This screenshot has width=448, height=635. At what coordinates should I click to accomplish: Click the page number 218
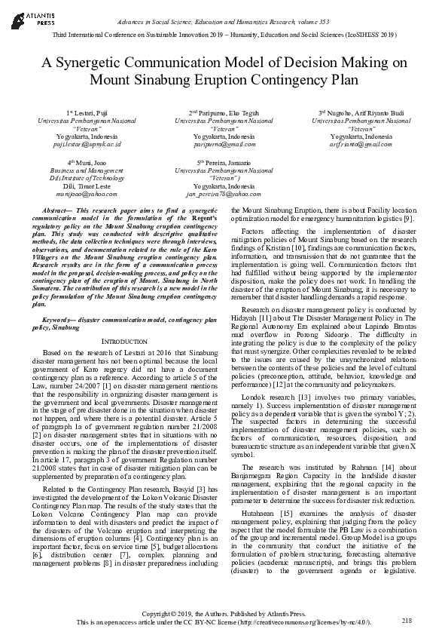[407, 620]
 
